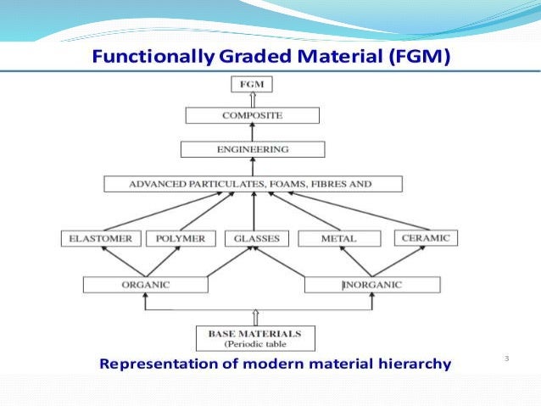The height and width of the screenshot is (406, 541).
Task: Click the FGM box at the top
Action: [252, 84]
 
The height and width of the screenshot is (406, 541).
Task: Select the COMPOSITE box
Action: [252, 115]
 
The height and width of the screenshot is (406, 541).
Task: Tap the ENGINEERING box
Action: [253, 149]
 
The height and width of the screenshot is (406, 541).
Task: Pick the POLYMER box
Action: [181, 239]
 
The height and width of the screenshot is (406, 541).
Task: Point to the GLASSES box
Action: [257, 239]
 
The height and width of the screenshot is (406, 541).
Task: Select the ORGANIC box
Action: [146, 285]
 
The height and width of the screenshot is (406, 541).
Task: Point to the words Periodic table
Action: [255, 345]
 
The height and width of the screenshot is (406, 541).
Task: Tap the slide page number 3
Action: [506, 360]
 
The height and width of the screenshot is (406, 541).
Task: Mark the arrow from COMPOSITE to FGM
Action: [252, 99]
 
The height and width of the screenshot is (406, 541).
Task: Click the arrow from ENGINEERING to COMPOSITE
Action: [252, 132]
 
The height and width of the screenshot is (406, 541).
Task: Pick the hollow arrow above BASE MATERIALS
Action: [255, 318]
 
